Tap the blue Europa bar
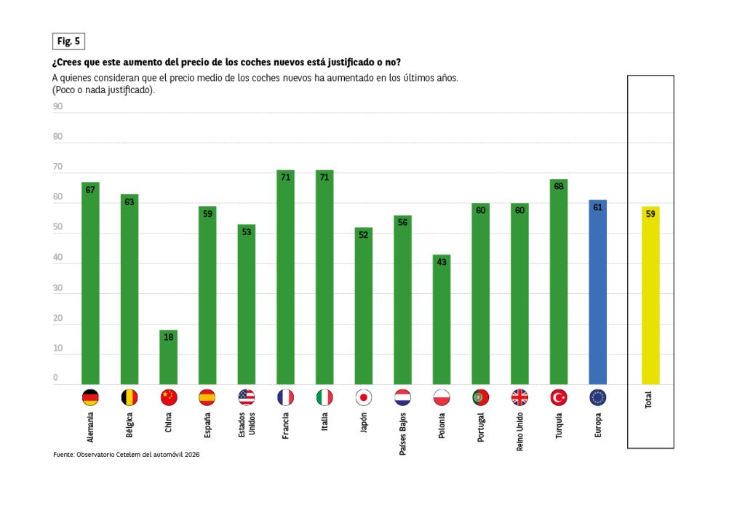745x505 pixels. click(597, 292)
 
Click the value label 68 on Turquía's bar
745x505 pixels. click(559, 186)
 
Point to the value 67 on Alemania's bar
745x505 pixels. click(90, 189)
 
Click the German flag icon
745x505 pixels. click(90, 397)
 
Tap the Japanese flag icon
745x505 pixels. click(364, 397)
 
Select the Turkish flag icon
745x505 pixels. click(559, 397)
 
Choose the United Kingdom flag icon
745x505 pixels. click(519, 397)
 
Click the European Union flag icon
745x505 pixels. click(597, 397)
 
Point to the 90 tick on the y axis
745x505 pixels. click(57, 106)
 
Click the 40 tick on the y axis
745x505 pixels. click(57, 258)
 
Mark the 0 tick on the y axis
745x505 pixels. click(55, 378)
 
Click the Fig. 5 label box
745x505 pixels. click(69, 41)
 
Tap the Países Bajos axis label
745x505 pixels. click(403, 432)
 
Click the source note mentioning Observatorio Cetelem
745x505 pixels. click(127, 454)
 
